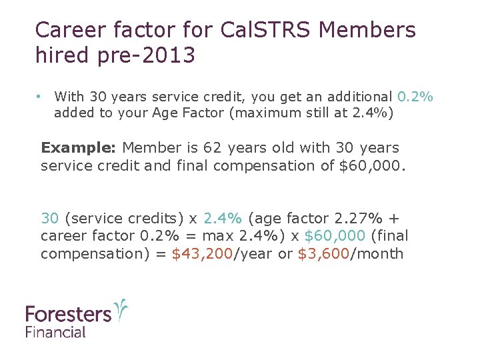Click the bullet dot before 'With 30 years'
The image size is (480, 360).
point(40,97)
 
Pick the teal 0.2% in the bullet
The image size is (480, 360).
point(415,97)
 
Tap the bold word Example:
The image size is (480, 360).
point(79,147)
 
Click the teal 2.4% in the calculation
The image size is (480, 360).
point(222,218)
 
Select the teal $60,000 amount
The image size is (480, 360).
point(334,235)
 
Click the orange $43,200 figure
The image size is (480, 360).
point(201,253)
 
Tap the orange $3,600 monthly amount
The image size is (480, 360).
point(323,253)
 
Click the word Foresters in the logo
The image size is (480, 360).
point(68,314)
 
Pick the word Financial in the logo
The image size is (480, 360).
point(56,331)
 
